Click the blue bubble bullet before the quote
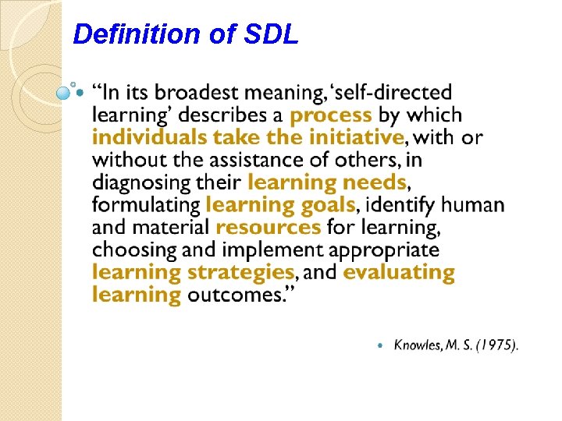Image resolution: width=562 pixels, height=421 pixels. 65,93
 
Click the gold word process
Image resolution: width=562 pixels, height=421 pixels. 331,115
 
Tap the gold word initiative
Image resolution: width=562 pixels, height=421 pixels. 352,138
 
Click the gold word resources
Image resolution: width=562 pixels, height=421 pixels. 269,228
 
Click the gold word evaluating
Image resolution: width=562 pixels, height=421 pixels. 399,273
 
